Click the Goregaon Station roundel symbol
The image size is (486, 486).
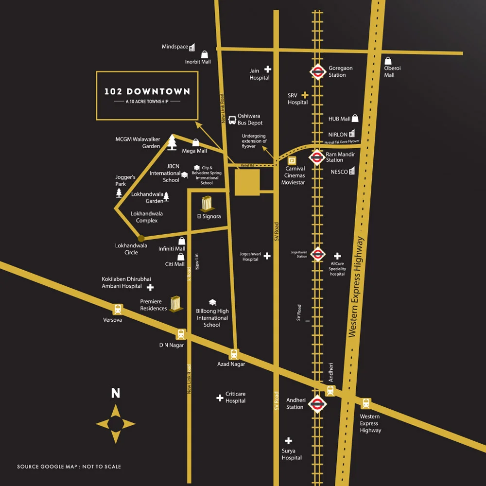[x=317, y=72]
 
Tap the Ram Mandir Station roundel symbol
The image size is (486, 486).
[x=317, y=157]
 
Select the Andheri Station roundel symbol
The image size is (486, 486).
[x=317, y=403]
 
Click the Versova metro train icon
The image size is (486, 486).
[x=118, y=309]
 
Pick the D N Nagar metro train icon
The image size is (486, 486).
[x=181, y=334]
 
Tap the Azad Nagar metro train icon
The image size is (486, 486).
[x=234, y=354]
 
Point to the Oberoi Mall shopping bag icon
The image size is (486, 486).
[x=388, y=61]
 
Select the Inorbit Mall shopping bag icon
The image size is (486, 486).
[x=205, y=54]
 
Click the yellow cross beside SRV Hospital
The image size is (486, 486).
[x=305, y=95]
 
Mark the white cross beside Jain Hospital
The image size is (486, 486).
[x=267, y=69]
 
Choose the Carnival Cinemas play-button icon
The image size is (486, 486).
[x=292, y=160]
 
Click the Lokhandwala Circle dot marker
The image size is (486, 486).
[x=141, y=238]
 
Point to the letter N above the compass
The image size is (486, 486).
[x=116, y=393]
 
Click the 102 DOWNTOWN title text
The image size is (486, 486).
[x=147, y=91]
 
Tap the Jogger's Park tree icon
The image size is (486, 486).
[x=119, y=193]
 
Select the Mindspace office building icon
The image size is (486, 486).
[x=192, y=47]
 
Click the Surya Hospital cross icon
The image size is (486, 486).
[x=288, y=441]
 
